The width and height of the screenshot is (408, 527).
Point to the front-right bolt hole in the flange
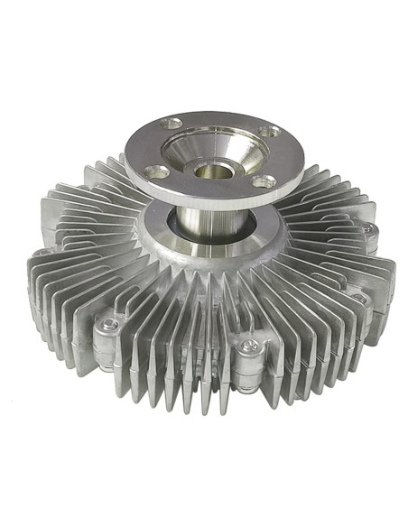(x=263, y=181)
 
